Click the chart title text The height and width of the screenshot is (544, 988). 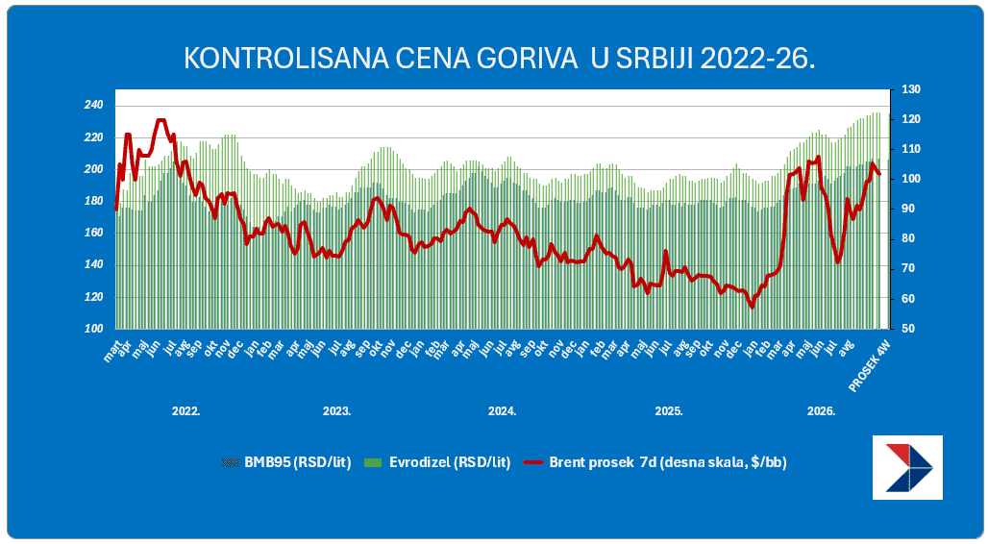[x=499, y=59]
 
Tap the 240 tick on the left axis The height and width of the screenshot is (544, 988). [x=93, y=106]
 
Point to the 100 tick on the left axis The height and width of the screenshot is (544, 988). [x=93, y=329]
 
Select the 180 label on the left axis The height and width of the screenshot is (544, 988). [x=93, y=201]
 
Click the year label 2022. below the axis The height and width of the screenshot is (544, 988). [x=185, y=411]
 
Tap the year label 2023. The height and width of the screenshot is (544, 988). [x=337, y=411]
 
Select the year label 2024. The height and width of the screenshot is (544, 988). [x=503, y=411]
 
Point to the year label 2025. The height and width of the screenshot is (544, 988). [x=669, y=411]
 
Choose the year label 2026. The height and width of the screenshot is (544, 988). [x=821, y=411]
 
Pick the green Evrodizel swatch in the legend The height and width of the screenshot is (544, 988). [x=373, y=463]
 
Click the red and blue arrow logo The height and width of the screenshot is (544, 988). [x=908, y=467]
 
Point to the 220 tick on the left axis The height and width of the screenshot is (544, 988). [x=93, y=137]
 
